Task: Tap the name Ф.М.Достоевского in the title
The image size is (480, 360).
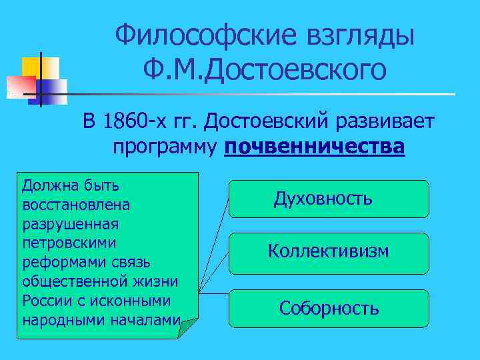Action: tap(264, 69)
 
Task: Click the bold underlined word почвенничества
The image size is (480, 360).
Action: tap(315, 146)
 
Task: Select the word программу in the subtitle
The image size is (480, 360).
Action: tap(165, 146)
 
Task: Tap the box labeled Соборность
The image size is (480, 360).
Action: tap(329, 308)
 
